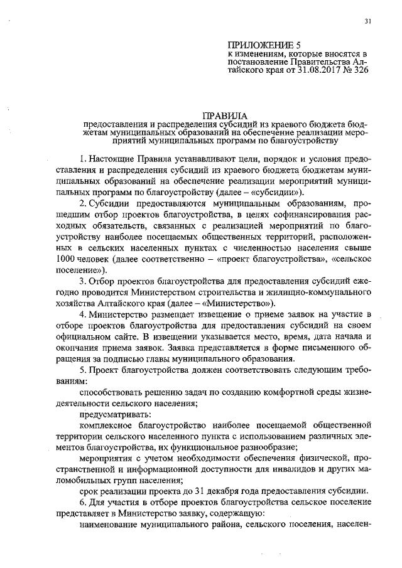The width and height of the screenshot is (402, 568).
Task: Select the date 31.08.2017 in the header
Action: coord(309,71)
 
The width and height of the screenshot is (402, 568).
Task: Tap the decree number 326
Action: coord(356,71)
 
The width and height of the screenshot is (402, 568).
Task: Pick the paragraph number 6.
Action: coord(83,502)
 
